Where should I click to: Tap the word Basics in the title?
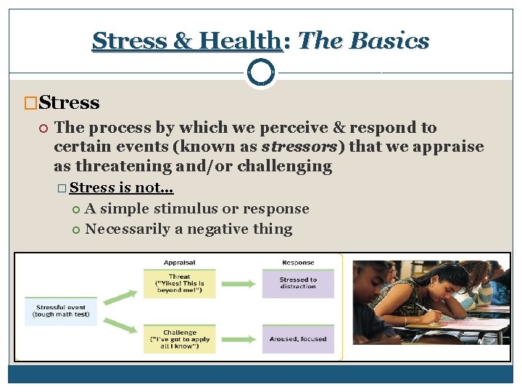pyautogui.click(x=392, y=41)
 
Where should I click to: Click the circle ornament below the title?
pyautogui.click(x=260, y=73)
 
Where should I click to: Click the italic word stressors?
pyautogui.click(x=303, y=147)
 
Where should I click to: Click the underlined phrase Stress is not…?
pyautogui.click(x=121, y=188)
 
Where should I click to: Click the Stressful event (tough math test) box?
pyautogui.click(x=61, y=311)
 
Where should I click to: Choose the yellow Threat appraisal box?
pyautogui.click(x=179, y=283)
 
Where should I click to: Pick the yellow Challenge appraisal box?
pyautogui.click(x=179, y=338)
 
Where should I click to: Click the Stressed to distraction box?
pyautogui.click(x=298, y=283)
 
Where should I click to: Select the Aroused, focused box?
pyautogui.click(x=298, y=339)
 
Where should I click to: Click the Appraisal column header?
pyautogui.click(x=179, y=263)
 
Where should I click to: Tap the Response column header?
pyautogui.click(x=298, y=263)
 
